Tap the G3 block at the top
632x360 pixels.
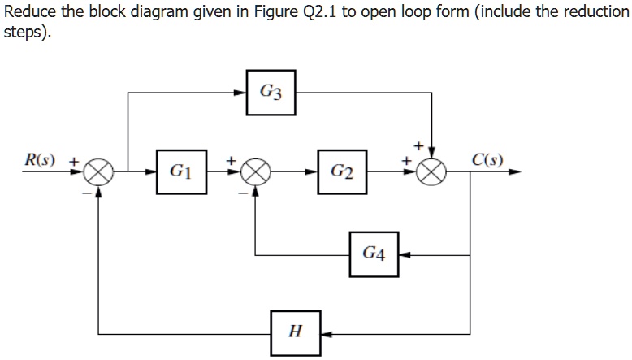coord(271,93)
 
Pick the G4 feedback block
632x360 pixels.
coord(374,255)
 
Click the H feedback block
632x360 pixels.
coord(295,332)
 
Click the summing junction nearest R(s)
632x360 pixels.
coord(99,172)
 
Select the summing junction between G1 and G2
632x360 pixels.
coord(256,172)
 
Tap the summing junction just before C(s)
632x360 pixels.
coord(433,172)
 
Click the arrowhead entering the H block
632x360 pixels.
coord(325,332)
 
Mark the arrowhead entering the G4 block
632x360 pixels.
coord(404,255)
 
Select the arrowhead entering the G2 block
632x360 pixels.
coord(312,172)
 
